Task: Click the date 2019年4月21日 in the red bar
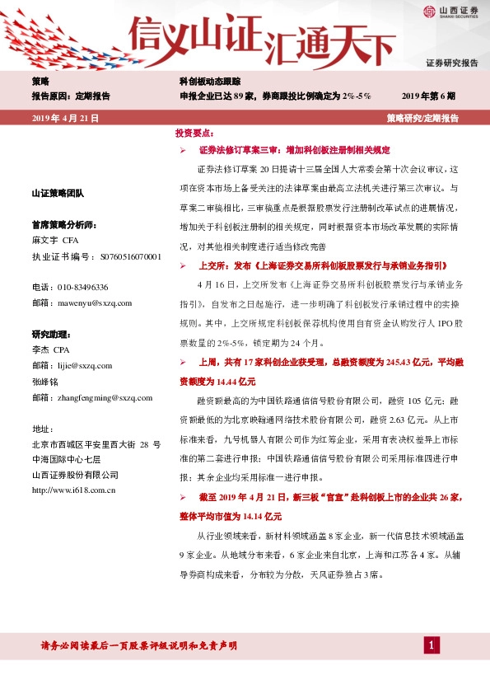(65, 119)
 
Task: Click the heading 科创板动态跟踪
(210, 82)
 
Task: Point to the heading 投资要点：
(194, 133)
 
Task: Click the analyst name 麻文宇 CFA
(54, 241)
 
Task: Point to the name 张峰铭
(45, 381)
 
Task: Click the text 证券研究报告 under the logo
(451, 63)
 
